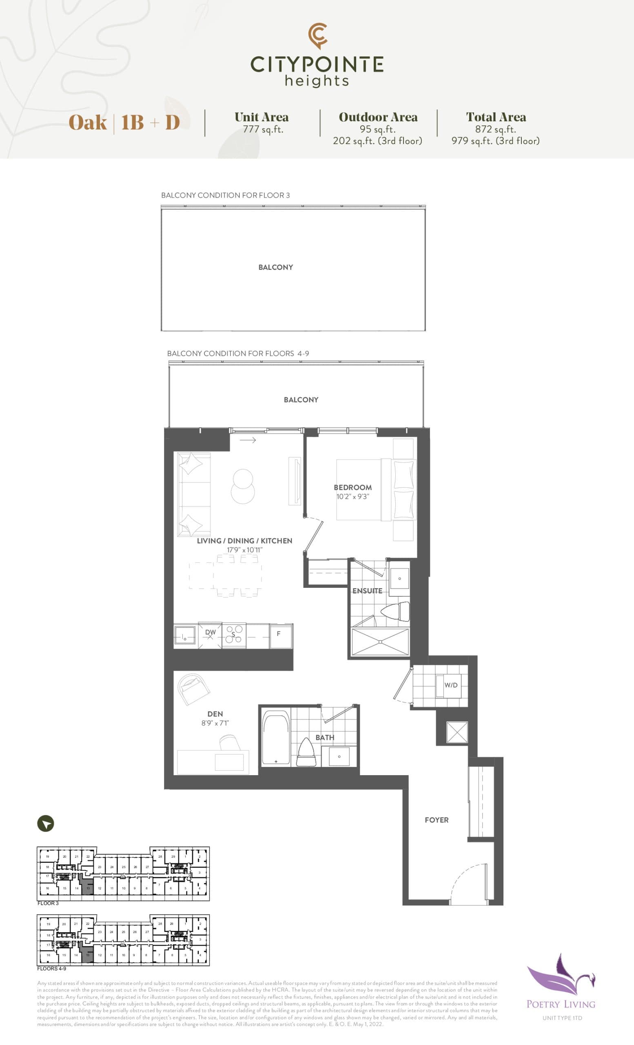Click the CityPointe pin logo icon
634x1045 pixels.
pos(317,35)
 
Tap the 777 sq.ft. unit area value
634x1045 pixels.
pos(263,129)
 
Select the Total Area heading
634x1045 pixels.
pos(496,117)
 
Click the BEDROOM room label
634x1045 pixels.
pos(352,487)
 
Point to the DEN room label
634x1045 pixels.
pos(215,714)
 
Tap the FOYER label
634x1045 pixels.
pos(437,820)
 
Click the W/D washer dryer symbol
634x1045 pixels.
pos(451,685)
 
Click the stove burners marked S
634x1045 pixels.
pos(233,635)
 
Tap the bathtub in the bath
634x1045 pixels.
pos(276,738)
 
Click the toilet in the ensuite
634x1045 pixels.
pos(395,611)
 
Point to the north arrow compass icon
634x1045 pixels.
pos(46,823)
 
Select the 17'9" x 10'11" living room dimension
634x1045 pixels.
pos(244,549)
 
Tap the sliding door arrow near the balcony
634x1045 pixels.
pos(248,440)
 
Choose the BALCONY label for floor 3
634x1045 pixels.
pos(275,267)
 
